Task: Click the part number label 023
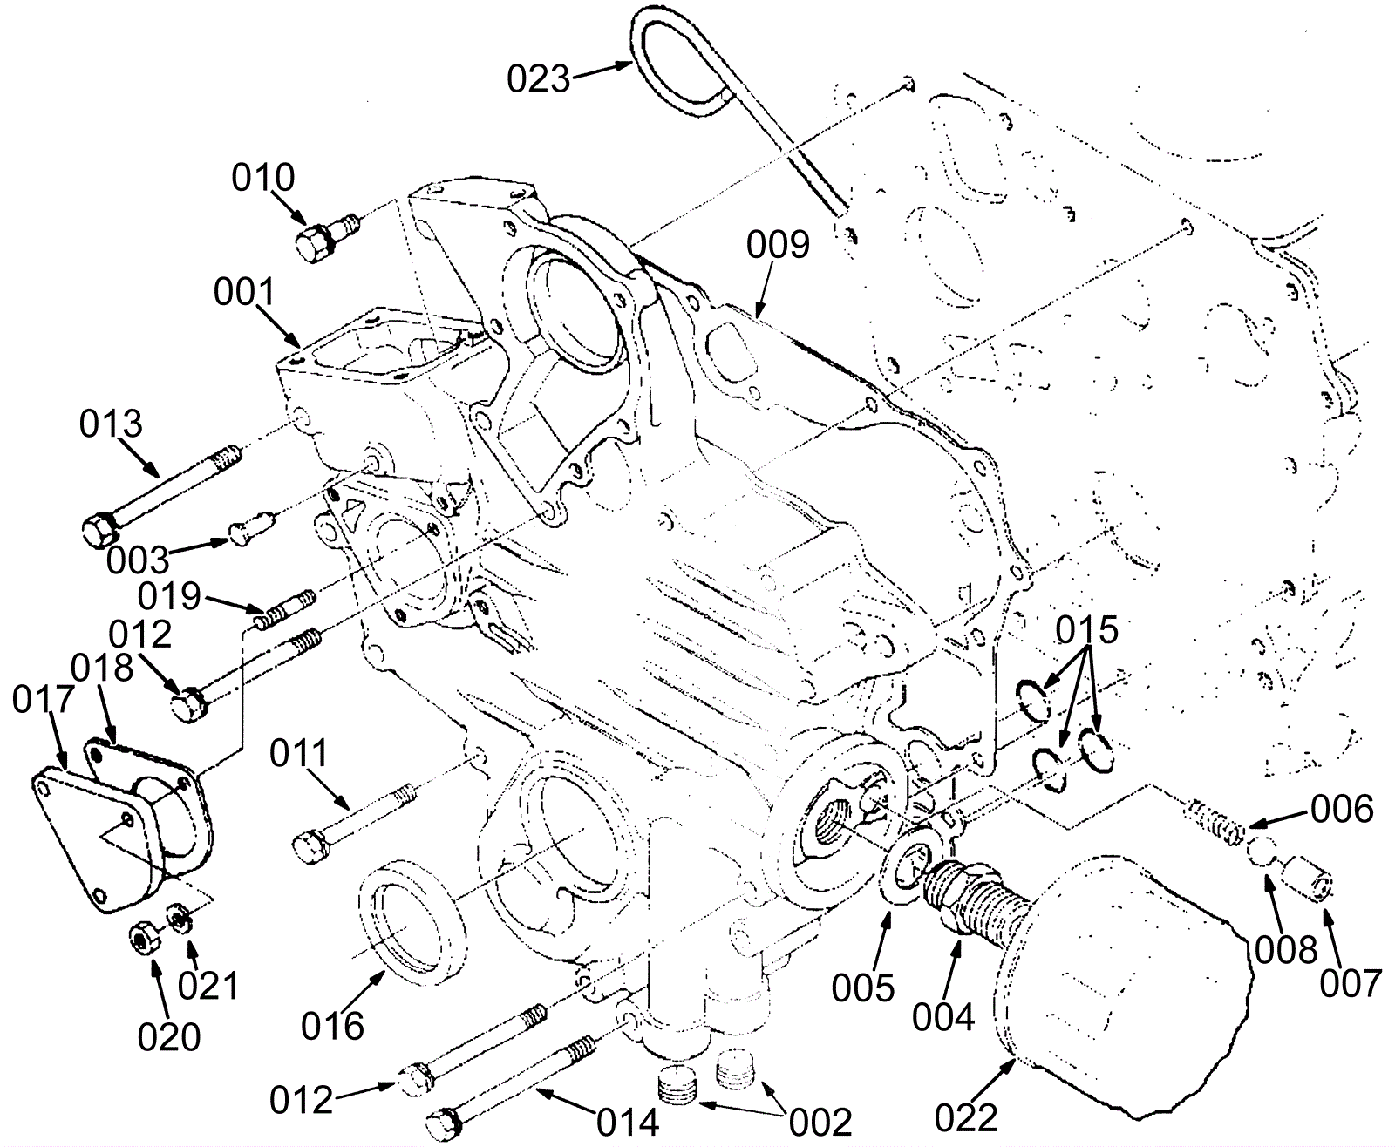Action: tap(538, 78)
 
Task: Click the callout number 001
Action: tap(244, 292)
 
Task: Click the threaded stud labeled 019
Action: tap(285, 610)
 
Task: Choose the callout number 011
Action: tap(299, 754)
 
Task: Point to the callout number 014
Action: tap(629, 1123)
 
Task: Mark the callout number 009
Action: tap(778, 245)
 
